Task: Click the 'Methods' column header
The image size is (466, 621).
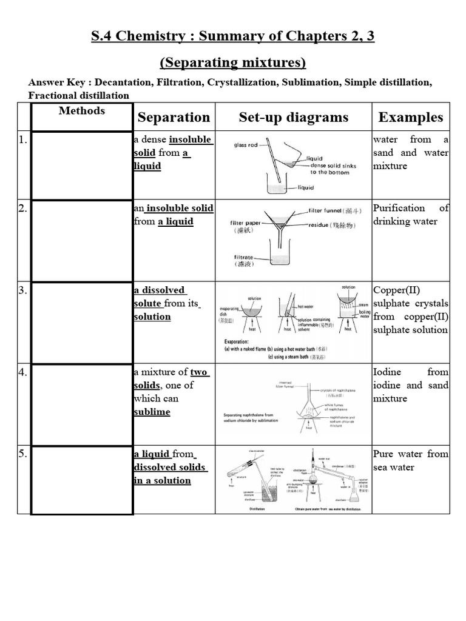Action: click(82, 111)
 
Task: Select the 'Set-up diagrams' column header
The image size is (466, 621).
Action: click(294, 117)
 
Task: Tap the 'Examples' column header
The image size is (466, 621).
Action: click(411, 117)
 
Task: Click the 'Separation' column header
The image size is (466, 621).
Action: click(174, 117)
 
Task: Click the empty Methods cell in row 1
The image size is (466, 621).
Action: click(82, 166)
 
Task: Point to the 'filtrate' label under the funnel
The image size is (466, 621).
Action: click(245, 258)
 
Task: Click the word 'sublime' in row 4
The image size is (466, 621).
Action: click(152, 412)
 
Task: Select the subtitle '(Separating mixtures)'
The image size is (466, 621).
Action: click(233, 63)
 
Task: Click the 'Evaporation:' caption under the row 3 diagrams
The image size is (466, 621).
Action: click(242, 341)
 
